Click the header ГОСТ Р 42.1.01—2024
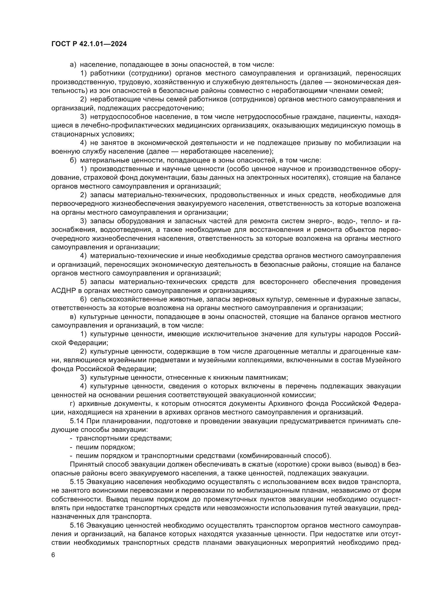click(x=89, y=44)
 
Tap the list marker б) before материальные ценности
click(x=73, y=160)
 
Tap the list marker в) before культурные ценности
click(x=73, y=317)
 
